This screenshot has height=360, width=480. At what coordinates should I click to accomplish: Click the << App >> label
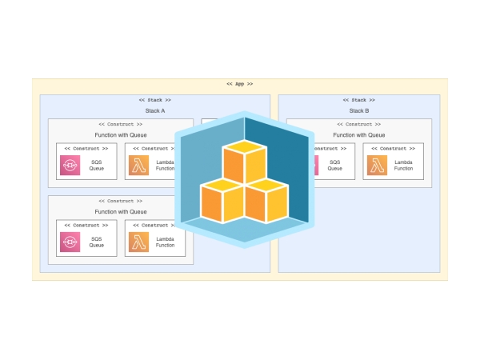[239, 83]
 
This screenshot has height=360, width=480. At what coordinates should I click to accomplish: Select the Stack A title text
[155, 110]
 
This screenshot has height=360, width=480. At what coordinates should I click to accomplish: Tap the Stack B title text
[359, 110]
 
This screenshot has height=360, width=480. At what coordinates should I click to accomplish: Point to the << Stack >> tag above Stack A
[155, 100]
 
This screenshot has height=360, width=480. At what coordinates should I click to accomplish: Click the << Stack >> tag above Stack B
[359, 100]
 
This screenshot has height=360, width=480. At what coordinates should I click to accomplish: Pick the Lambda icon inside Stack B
[378, 166]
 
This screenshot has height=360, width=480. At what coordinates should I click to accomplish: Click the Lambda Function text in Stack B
[404, 166]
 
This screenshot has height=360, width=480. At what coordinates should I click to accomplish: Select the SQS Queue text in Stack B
[335, 166]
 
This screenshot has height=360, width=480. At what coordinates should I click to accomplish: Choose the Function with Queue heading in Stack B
[359, 135]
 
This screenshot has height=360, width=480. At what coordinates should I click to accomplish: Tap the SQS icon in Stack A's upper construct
[70, 166]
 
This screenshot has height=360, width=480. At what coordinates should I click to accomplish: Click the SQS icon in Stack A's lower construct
[70, 242]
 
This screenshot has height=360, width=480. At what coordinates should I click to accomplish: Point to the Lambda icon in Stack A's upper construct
[138, 166]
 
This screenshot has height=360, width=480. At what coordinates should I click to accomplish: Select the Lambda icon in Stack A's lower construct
[138, 242]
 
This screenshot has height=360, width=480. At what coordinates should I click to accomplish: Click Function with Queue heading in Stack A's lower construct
[121, 211]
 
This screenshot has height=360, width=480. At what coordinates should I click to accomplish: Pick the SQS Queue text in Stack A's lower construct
[96, 242]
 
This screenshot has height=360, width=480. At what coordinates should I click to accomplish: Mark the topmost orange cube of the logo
[244, 160]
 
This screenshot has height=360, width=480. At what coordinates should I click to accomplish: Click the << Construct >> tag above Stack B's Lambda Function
[393, 148]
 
